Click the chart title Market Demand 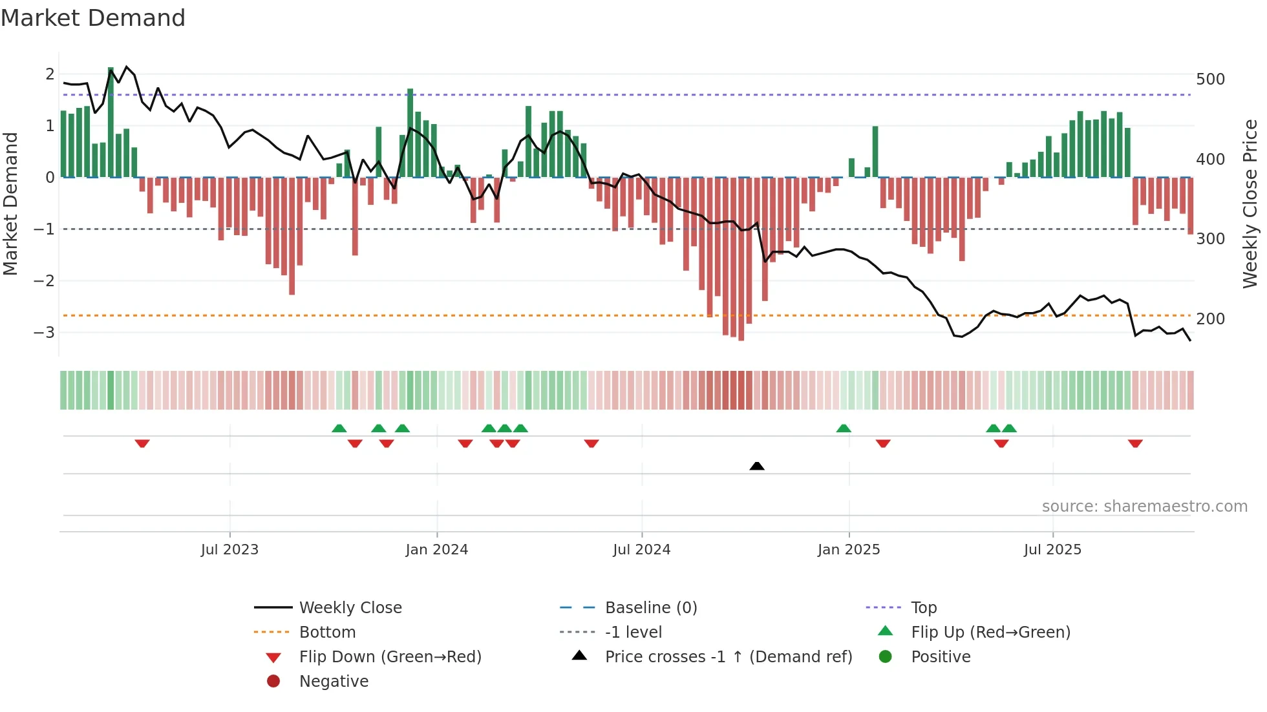click(x=93, y=18)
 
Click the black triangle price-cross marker click(x=757, y=466)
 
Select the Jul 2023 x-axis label click(x=229, y=550)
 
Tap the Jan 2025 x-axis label click(x=849, y=550)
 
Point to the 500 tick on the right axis click(x=1210, y=79)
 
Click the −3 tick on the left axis click(x=45, y=333)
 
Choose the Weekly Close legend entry click(x=350, y=608)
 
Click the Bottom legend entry click(x=327, y=633)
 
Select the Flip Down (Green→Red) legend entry click(x=390, y=657)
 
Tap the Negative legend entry click(x=334, y=682)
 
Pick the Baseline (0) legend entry click(x=651, y=608)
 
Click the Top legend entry click(x=924, y=608)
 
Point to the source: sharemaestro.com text click(x=1144, y=507)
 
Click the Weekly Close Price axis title click(x=1250, y=204)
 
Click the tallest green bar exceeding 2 click(x=111, y=123)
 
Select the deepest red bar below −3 click(x=741, y=258)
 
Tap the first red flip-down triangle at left click(x=142, y=444)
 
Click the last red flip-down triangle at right click(x=1135, y=444)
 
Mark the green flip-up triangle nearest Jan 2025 click(x=844, y=428)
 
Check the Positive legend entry click(x=941, y=657)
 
